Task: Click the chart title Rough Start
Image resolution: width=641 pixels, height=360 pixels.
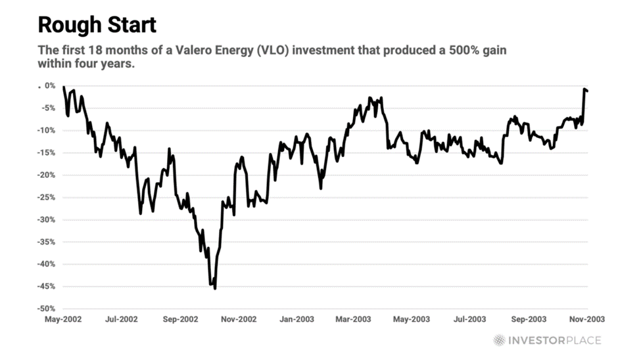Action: tap(97, 25)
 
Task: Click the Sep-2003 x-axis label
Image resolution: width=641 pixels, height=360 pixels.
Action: tap(528, 319)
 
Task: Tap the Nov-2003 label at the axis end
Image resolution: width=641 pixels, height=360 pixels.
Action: tap(586, 319)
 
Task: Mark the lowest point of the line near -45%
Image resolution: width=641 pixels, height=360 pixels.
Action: tap(215, 288)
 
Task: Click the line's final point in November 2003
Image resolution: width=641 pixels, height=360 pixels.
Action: tap(587, 91)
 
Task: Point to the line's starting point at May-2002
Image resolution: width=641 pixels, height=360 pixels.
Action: tap(63, 87)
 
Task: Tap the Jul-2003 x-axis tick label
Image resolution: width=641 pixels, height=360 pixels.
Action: tap(469, 319)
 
